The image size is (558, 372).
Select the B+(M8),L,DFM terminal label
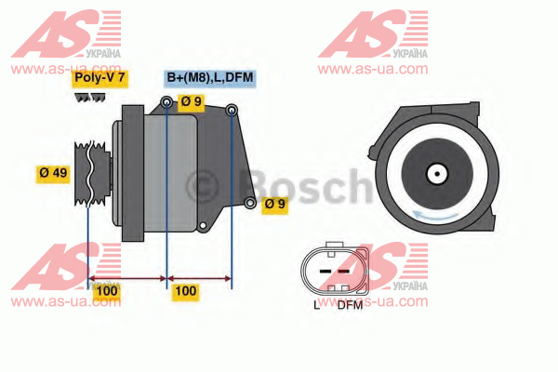210,78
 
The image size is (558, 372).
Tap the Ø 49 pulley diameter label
53,174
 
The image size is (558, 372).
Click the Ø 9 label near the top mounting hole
191,102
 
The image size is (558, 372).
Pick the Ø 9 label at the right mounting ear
274,205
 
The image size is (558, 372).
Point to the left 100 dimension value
107,291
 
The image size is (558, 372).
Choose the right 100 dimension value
186,291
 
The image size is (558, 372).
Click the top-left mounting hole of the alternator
166,102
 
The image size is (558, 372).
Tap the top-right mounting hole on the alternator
232,110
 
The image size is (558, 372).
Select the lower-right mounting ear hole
250,203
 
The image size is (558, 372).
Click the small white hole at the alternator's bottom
203,225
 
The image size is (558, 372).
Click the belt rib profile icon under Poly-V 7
89,98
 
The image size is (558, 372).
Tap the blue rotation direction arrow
435,216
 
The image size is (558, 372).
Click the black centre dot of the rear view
437,174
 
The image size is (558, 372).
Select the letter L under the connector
317,305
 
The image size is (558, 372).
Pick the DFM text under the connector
350,305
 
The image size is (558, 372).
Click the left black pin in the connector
325,272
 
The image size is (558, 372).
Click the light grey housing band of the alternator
170,173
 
